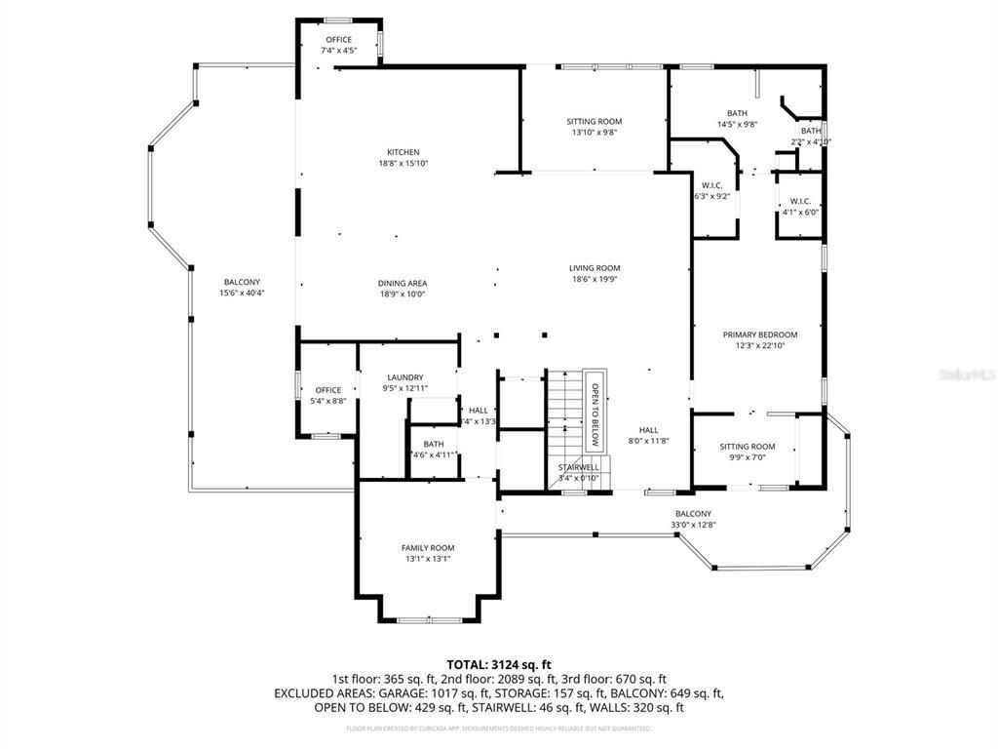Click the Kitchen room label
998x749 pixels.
[x=403, y=152]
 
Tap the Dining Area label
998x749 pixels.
[x=403, y=284]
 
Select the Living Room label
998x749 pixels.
[x=595, y=268]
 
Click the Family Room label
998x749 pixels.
[x=428, y=548]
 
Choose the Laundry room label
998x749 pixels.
[x=404, y=377]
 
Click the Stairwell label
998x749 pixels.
[x=578, y=467]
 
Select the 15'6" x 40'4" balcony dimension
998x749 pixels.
[x=242, y=293]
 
